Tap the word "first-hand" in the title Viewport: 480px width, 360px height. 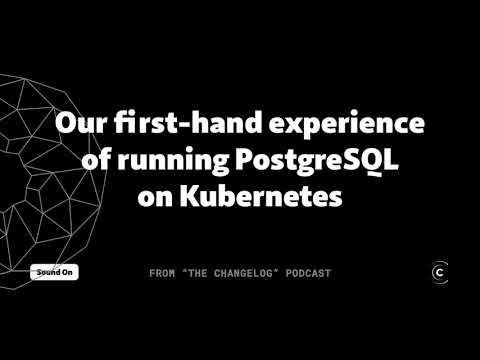[x=176, y=126]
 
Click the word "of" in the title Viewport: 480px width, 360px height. [x=97, y=161]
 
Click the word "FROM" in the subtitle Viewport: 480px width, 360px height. [x=163, y=273]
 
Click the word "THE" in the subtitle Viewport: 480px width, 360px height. [x=199, y=273]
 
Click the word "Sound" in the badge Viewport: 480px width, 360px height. [x=45, y=272]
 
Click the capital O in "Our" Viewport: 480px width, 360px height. [x=66, y=126]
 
